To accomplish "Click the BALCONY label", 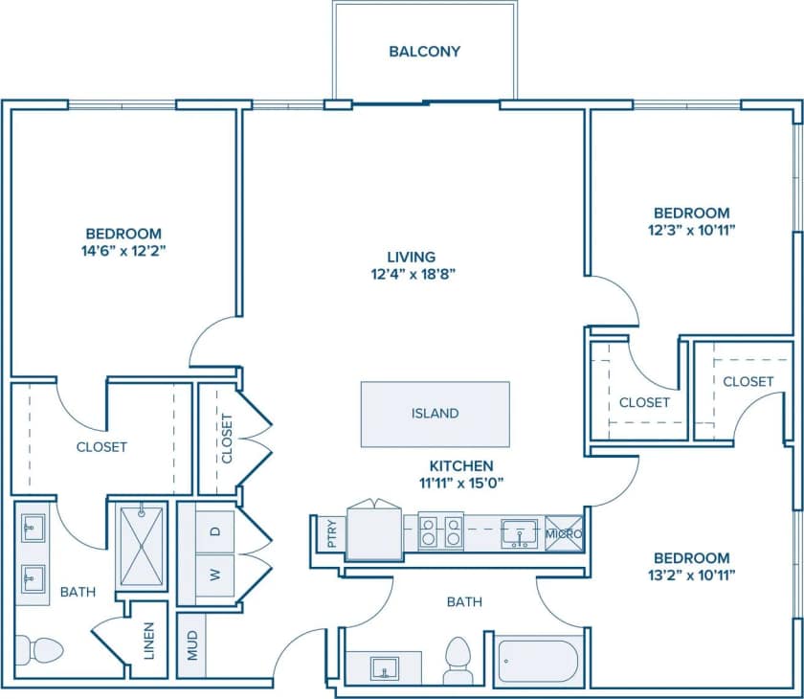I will [x=424, y=51].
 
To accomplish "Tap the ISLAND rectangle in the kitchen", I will [x=435, y=414].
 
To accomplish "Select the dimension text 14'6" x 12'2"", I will [x=123, y=251].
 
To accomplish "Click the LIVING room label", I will [x=411, y=257].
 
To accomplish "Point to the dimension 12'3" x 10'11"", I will [x=692, y=230].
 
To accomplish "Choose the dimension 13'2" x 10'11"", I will [x=692, y=575].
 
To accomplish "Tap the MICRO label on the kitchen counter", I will [x=563, y=533].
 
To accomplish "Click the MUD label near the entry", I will [x=192, y=648].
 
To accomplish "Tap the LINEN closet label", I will [x=148, y=648].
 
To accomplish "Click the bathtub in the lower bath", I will [x=538, y=660].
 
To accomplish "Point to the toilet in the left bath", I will [x=40, y=652].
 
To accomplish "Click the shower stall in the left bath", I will [x=141, y=546].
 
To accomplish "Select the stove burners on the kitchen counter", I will [x=441, y=531].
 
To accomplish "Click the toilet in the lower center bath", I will [x=458, y=661].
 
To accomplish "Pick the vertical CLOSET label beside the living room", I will [x=226, y=439].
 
